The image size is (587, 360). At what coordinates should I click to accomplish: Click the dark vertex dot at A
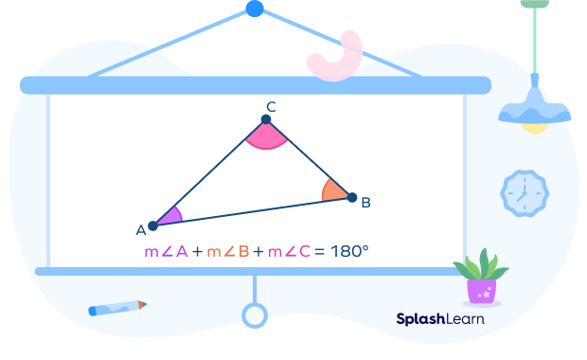pyautogui.click(x=152, y=225)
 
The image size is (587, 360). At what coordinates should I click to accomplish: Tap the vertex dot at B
pyautogui.click(x=352, y=197)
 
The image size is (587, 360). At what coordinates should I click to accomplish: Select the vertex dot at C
pyautogui.click(x=266, y=119)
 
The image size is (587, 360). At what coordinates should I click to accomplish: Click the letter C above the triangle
pyautogui.click(x=272, y=107)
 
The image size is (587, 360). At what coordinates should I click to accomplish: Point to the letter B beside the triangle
pyautogui.click(x=365, y=203)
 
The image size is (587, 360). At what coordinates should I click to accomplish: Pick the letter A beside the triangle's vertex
pyautogui.click(x=141, y=230)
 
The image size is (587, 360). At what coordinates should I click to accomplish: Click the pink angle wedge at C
pyautogui.click(x=266, y=136)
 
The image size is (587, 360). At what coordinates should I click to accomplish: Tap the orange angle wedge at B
pyautogui.click(x=333, y=190)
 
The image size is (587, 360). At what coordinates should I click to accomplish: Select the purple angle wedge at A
pyautogui.click(x=170, y=217)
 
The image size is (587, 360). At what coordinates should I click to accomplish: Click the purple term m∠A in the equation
pyautogui.click(x=167, y=251)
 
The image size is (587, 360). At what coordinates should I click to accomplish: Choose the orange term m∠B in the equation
pyautogui.click(x=228, y=251)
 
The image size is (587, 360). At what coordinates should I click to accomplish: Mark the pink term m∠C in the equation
pyautogui.click(x=289, y=251)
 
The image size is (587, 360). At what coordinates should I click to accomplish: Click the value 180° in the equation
pyautogui.click(x=349, y=251)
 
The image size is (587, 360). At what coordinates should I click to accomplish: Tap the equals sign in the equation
pyautogui.click(x=319, y=252)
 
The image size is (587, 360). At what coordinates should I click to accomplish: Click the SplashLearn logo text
pyautogui.click(x=440, y=319)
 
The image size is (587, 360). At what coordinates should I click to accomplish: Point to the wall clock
pyautogui.click(x=525, y=193)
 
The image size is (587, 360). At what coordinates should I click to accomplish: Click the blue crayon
pyautogui.click(x=117, y=308)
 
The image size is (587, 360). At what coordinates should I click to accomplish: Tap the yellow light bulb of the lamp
pyautogui.click(x=535, y=128)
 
